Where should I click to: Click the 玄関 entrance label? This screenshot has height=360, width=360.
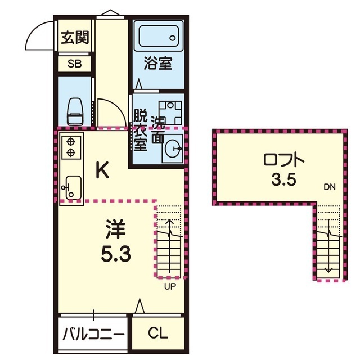click(x=75, y=38)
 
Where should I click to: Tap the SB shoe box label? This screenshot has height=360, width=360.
click(x=75, y=64)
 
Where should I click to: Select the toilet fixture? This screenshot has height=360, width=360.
click(x=74, y=111)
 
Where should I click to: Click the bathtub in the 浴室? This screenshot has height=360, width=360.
click(x=159, y=36)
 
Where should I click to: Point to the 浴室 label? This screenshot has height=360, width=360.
click(x=158, y=63)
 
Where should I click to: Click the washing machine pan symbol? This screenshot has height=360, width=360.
click(x=170, y=112)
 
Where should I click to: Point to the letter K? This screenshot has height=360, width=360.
click(x=102, y=170)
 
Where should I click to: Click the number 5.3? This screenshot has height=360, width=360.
click(x=116, y=254)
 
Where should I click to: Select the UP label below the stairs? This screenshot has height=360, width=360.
click(x=170, y=286)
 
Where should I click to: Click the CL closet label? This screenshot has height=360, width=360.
click(x=158, y=333)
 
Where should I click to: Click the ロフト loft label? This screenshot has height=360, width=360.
click(x=283, y=160)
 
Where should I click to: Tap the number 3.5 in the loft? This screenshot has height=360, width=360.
click(x=283, y=180)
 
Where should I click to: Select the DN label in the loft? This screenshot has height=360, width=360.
click(x=330, y=187)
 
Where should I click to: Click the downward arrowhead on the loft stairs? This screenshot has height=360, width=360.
click(x=328, y=271)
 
